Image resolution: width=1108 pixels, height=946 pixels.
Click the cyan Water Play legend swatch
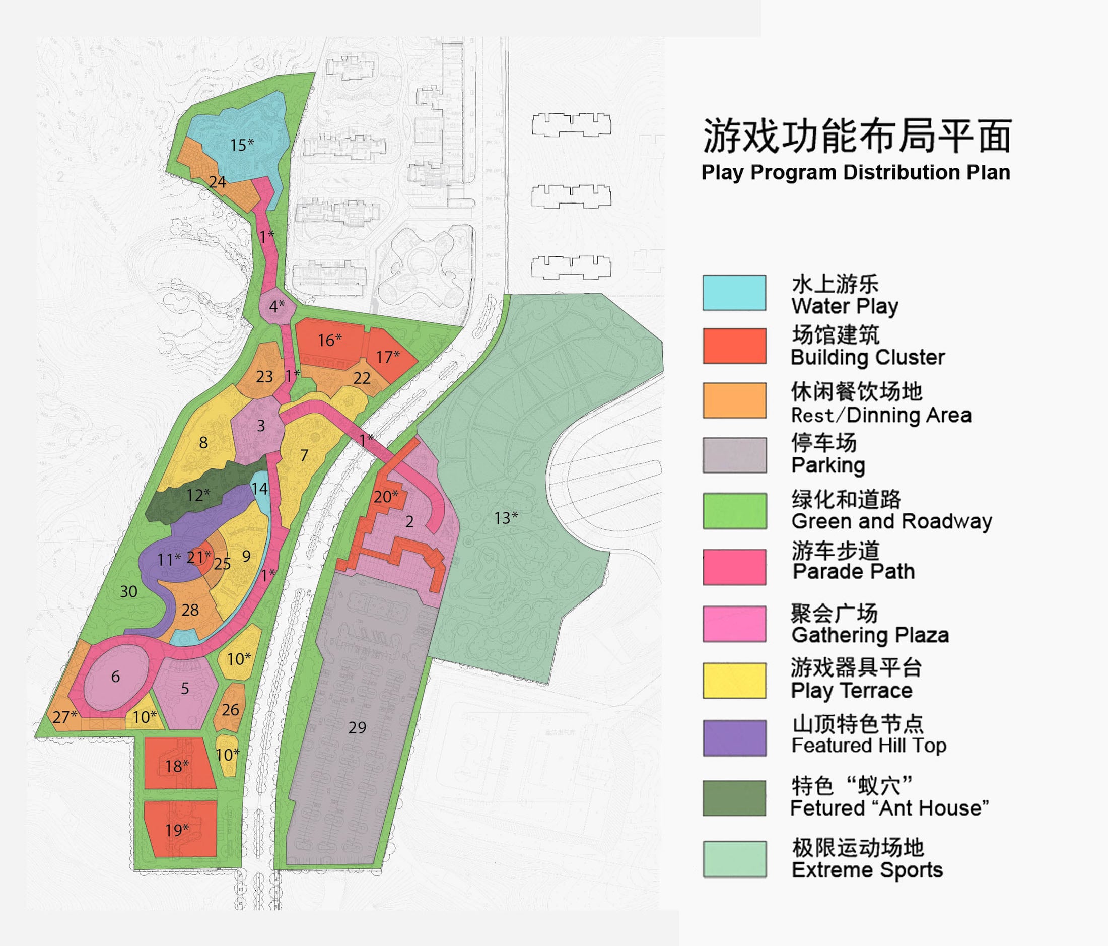[734, 293]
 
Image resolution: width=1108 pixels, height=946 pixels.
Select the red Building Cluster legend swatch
[734, 346]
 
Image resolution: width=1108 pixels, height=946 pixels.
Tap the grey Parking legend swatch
[734, 455]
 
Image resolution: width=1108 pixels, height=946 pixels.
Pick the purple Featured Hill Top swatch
[734, 738]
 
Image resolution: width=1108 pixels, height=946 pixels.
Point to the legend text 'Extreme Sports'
[867, 870]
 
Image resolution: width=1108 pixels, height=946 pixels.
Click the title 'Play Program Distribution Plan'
[856, 173]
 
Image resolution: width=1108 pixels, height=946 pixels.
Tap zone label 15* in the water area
[242, 145]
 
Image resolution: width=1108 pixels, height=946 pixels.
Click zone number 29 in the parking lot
[357, 727]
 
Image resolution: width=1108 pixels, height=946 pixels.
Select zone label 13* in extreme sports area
[505, 518]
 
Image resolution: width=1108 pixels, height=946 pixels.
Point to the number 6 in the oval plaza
[115, 677]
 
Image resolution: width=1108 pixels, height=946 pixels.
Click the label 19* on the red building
[177, 830]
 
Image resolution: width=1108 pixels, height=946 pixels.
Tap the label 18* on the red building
[177, 766]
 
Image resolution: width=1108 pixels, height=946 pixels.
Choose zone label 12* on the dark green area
[198, 495]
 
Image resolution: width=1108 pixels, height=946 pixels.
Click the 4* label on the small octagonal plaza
[276, 306]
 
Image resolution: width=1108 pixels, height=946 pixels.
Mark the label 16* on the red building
[329, 340]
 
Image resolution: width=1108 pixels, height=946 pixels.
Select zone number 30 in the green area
[128, 591]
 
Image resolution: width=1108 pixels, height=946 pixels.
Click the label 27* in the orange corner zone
[64, 716]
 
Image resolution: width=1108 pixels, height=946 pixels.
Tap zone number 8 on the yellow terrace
[203, 442]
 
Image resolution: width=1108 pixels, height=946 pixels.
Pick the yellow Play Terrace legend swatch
[734, 681]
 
